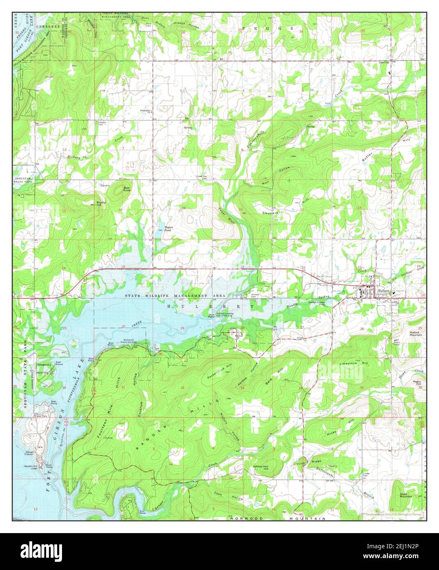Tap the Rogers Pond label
[169, 229]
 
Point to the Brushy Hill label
[101, 204]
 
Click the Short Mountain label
[406, 495]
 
